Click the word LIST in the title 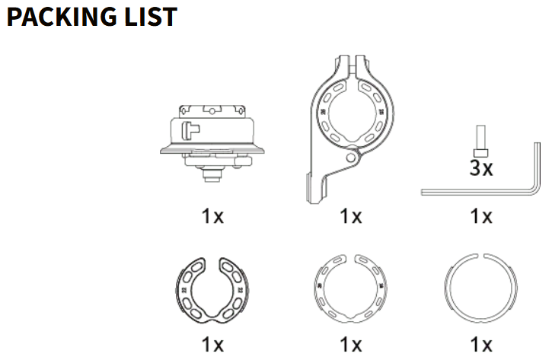click(151, 17)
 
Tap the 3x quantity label click(481, 168)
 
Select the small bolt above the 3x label click(480, 141)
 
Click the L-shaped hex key click(480, 192)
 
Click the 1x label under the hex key click(481, 216)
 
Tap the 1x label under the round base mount click(212, 216)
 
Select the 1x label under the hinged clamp click(351, 216)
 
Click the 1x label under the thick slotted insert click(212, 345)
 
